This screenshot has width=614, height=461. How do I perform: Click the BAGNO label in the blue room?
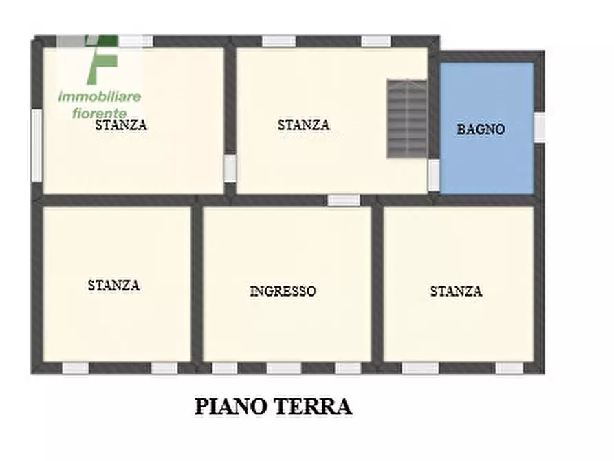point(481,129)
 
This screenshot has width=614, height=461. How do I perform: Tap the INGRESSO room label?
point(283,291)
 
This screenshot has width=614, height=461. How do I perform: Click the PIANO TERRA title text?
point(273,406)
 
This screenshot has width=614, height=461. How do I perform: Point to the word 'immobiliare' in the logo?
point(100,96)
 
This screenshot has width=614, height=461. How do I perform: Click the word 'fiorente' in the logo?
point(100,112)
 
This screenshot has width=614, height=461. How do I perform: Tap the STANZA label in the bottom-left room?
point(113,285)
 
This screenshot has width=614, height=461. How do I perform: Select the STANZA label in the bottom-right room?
point(456,291)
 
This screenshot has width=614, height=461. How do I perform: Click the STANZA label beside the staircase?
point(303,125)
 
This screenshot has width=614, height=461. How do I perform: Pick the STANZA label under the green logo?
point(121,125)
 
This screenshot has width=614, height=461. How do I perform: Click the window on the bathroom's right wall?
point(540,128)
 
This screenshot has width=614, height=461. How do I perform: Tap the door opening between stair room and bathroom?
point(434,174)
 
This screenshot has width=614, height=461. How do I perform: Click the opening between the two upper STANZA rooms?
point(230,168)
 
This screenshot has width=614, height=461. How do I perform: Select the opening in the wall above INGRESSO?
point(343,200)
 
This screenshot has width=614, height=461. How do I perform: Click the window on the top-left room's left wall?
point(36,145)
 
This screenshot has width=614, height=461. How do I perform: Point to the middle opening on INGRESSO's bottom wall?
point(283,368)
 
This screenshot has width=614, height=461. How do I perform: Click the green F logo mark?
point(103,58)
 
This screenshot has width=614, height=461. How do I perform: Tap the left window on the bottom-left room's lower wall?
point(76,368)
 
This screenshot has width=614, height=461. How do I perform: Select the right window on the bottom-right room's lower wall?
point(509,368)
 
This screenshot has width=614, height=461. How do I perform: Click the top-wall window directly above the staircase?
point(376,41)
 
